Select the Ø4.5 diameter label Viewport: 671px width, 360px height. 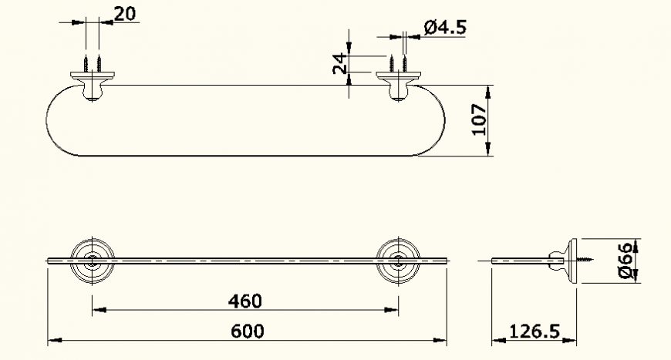pyautogui.click(x=446, y=29)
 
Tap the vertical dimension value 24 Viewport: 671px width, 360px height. pyautogui.click(x=339, y=63)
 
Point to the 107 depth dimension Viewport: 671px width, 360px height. pyautogui.click(x=479, y=119)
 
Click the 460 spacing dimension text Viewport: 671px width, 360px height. pyautogui.click(x=244, y=300)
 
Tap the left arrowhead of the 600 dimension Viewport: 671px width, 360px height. pyautogui.click(x=52, y=339)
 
